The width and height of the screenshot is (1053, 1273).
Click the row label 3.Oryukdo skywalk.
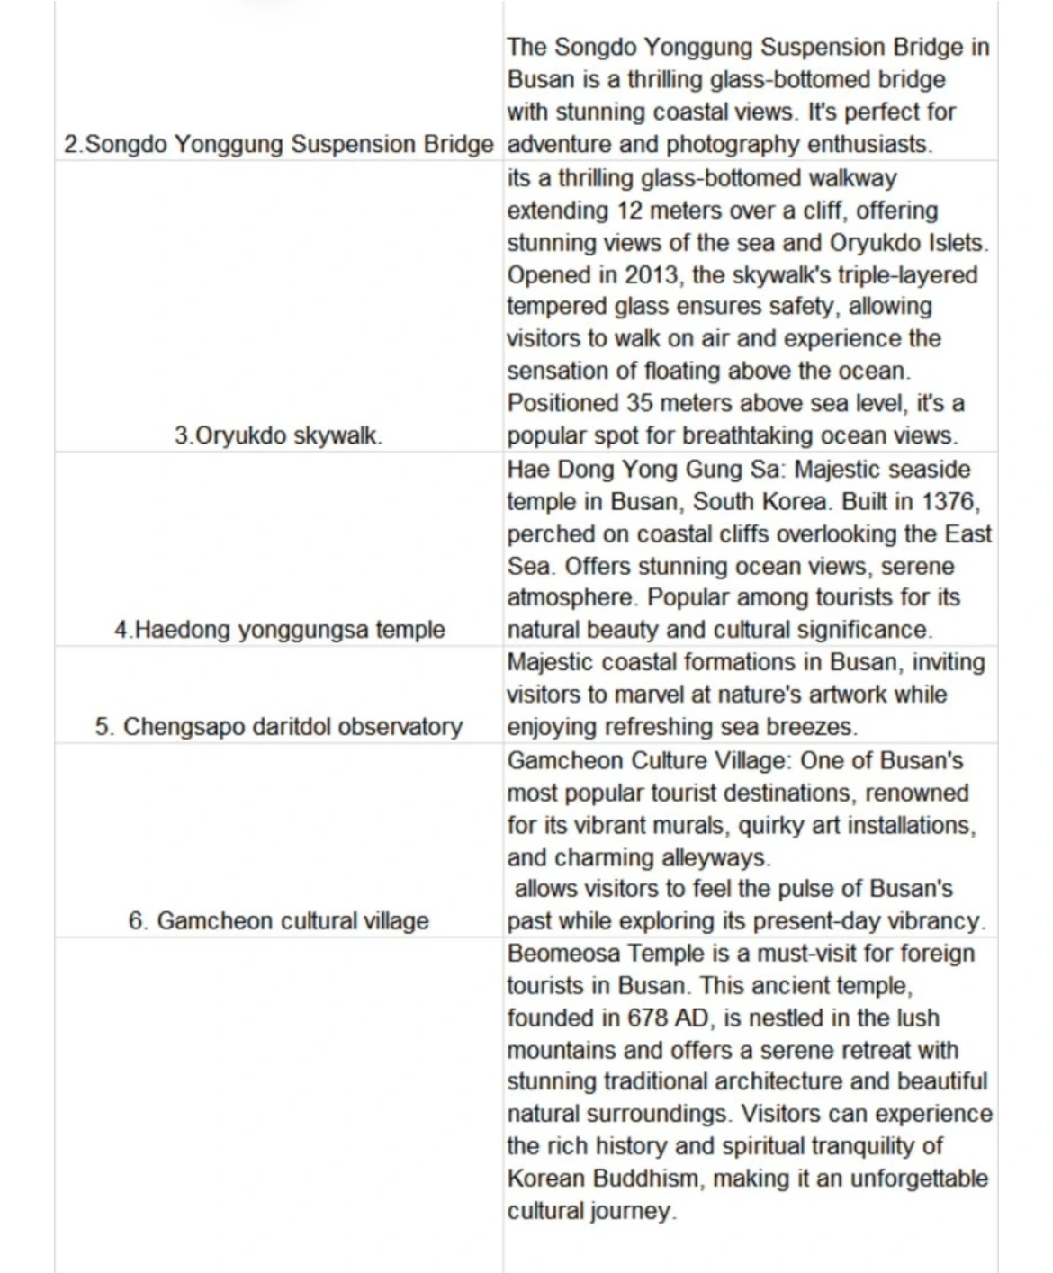(278, 436)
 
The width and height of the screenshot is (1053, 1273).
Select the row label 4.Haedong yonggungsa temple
(279, 630)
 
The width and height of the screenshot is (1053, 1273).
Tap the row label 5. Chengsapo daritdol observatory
(279, 727)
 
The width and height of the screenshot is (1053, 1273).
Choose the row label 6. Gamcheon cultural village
(279, 921)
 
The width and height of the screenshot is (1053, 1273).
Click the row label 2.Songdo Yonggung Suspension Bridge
(279, 145)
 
